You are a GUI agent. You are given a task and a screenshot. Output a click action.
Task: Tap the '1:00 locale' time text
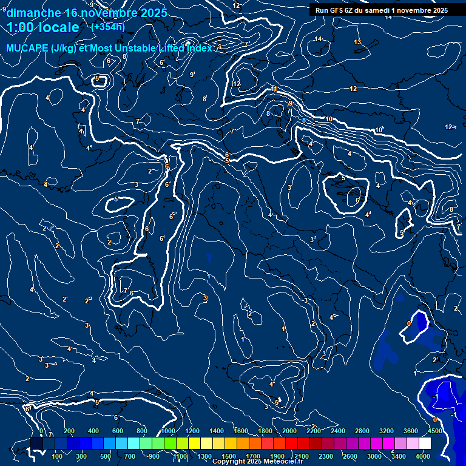[x=43, y=27]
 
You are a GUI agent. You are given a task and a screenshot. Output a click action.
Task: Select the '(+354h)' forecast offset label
[x=108, y=27]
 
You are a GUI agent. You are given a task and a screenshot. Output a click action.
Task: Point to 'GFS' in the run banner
[x=337, y=10]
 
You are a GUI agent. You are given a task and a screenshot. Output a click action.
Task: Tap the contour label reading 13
[x=357, y=42]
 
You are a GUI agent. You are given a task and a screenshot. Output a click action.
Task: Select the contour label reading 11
[x=274, y=89]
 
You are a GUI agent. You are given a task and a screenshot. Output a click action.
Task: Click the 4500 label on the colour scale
[x=435, y=431]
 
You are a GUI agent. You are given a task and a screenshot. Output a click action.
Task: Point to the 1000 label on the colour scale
[x=167, y=431]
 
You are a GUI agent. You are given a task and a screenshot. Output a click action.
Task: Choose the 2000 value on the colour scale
[x=289, y=431]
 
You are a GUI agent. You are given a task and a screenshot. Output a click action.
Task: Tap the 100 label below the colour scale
[x=58, y=456]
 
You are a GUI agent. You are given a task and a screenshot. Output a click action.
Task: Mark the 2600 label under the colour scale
[x=350, y=456]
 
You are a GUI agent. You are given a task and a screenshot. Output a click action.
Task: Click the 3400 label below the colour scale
[x=399, y=456]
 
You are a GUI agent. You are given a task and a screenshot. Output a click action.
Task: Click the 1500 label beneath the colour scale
[x=229, y=456]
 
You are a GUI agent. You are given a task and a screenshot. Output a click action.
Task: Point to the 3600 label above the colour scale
[x=411, y=431]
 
